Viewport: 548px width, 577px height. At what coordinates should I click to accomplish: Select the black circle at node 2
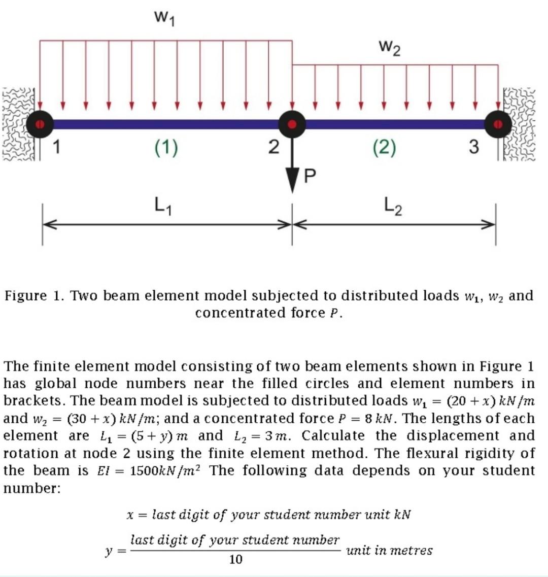(x=291, y=123)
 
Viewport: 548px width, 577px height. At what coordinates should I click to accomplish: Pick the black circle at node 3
(x=498, y=123)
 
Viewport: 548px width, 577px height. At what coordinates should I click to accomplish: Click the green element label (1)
(x=166, y=148)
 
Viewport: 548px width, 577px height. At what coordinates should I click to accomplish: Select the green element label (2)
(x=384, y=148)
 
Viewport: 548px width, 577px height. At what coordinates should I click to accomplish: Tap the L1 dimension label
(x=163, y=206)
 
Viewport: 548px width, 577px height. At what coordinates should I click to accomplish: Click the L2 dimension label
(x=393, y=206)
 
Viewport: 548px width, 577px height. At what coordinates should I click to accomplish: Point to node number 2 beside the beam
(x=273, y=147)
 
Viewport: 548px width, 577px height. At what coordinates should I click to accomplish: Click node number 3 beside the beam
(x=473, y=147)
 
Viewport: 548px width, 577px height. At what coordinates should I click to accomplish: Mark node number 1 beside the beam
(x=57, y=147)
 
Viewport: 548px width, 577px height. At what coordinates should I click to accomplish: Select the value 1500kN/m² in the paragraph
(x=165, y=470)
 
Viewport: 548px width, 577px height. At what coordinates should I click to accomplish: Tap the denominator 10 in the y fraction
(x=235, y=559)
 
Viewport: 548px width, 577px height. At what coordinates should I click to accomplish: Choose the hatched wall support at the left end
(x=18, y=124)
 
